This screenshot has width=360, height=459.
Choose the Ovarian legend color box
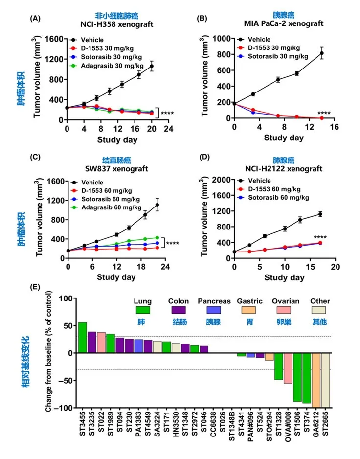coord(283,309)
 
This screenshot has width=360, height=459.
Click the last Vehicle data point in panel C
coord(157,205)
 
